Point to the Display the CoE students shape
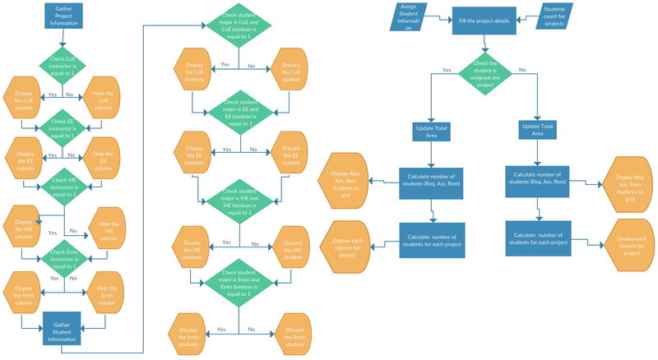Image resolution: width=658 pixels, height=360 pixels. (x=195, y=72)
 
